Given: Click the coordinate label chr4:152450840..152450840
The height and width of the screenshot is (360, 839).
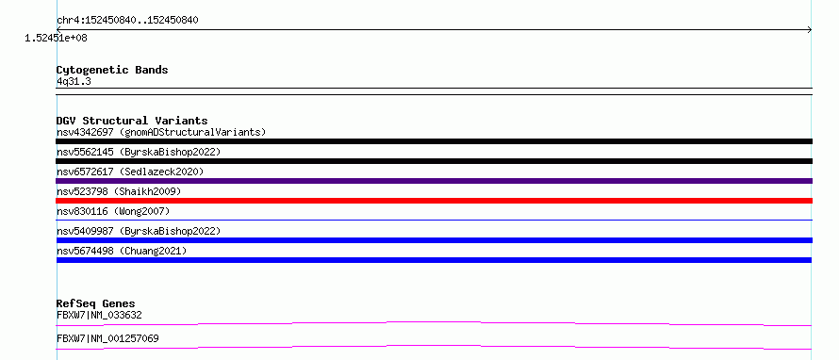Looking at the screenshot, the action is pyautogui.click(x=127, y=21).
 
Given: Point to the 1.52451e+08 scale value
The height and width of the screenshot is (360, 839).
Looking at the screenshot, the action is pyautogui.click(x=57, y=39).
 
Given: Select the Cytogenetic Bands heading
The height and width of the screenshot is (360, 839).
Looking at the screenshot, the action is pyautogui.click(x=112, y=70).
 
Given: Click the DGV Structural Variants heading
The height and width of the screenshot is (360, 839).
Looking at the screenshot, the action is pyautogui.click(x=132, y=121).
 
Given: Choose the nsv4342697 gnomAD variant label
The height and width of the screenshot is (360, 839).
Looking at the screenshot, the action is pyautogui.click(x=161, y=132).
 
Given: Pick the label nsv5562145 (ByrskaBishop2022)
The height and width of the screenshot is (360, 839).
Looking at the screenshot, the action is pyautogui.click(x=139, y=152).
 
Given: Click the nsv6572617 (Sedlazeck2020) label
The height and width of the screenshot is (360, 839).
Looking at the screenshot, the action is pyautogui.click(x=130, y=172).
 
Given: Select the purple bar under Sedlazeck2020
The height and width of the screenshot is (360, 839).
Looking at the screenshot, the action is pyautogui.click(x=434, y=181).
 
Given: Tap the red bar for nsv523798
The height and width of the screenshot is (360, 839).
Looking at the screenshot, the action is pyautogui.click(x=434, y=201).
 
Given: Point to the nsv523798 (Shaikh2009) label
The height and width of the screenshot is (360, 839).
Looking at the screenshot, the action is pyautogui.click(x=119, y=191).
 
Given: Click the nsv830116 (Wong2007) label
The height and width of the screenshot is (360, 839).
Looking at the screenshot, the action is pyautogui.click(x=113, y=211).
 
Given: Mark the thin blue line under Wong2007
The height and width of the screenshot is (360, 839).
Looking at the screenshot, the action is pyautogui.click(x=434, y=220).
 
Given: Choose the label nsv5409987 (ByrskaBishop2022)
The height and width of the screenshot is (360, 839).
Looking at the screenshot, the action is pyautogui.click(x=139, y=231).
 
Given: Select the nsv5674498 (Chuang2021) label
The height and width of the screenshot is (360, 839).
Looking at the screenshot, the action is pyautogui.click(x=122, y=251).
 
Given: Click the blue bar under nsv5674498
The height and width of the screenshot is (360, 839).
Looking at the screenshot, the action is pyautogui.click(x=434, y=260).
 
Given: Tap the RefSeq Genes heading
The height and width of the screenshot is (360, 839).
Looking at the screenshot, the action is pyautogui.click(x=96, y=303).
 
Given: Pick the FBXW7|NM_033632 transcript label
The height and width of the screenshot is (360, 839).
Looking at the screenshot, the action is pyautogui.click(x=99, y=315).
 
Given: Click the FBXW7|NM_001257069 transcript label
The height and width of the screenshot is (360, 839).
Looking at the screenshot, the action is pyautogui.click(x=107, y=338).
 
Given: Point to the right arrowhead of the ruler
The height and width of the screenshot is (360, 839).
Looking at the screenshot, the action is pyautogui.click(x=811, y=30).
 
